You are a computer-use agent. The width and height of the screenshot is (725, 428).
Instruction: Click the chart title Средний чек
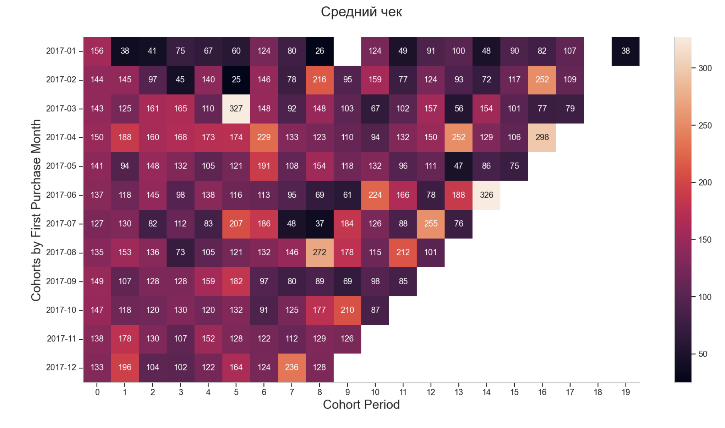361,12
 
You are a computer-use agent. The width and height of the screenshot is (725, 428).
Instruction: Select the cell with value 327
236,109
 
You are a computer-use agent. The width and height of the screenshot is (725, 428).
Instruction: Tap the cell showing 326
486,195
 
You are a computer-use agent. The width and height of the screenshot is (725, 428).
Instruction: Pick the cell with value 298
542,137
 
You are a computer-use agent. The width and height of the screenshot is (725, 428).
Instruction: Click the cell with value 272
320,252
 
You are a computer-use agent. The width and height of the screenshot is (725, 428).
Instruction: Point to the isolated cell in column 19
625,51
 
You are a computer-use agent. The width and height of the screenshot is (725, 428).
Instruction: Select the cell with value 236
291,367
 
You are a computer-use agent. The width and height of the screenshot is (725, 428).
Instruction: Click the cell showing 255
431,224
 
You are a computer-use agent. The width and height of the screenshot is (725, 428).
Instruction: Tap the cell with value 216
320,80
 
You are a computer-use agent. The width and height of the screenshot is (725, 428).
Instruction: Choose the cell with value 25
236,80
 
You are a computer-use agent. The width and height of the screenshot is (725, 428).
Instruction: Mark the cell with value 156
97,51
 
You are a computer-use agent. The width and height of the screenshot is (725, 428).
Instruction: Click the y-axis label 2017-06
61,195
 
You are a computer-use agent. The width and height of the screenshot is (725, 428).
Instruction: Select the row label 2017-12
61,367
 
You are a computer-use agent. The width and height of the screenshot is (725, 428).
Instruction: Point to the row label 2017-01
61,51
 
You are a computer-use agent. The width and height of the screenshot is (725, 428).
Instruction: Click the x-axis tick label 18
598,392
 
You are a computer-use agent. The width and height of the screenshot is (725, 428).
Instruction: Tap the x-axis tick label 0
97,392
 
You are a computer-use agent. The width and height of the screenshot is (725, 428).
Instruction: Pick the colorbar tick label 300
705,68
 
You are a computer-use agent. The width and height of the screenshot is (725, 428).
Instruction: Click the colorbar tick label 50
703,354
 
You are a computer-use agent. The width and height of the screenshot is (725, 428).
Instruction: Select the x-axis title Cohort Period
361,405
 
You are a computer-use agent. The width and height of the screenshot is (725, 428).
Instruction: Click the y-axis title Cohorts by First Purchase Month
36,210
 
